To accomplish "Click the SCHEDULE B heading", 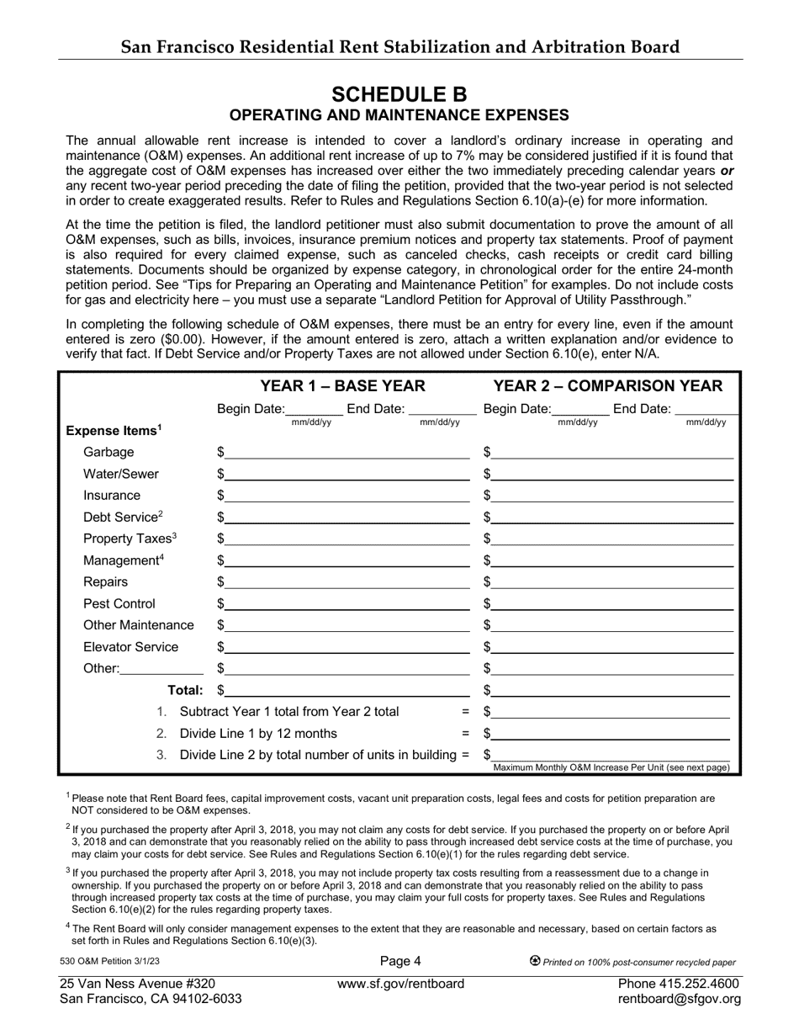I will pos(399,93).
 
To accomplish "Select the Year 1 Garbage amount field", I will pos(347,452).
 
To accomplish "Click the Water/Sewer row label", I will pos(120,474).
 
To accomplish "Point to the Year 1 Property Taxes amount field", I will pos(347,539).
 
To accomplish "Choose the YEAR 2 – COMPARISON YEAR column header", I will pos(607,386).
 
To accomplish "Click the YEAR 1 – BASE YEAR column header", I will pos(342,386).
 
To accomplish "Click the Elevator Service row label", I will pos(130,647).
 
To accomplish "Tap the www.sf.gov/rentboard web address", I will pos(400,984).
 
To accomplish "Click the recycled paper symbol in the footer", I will pos(535,961).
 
